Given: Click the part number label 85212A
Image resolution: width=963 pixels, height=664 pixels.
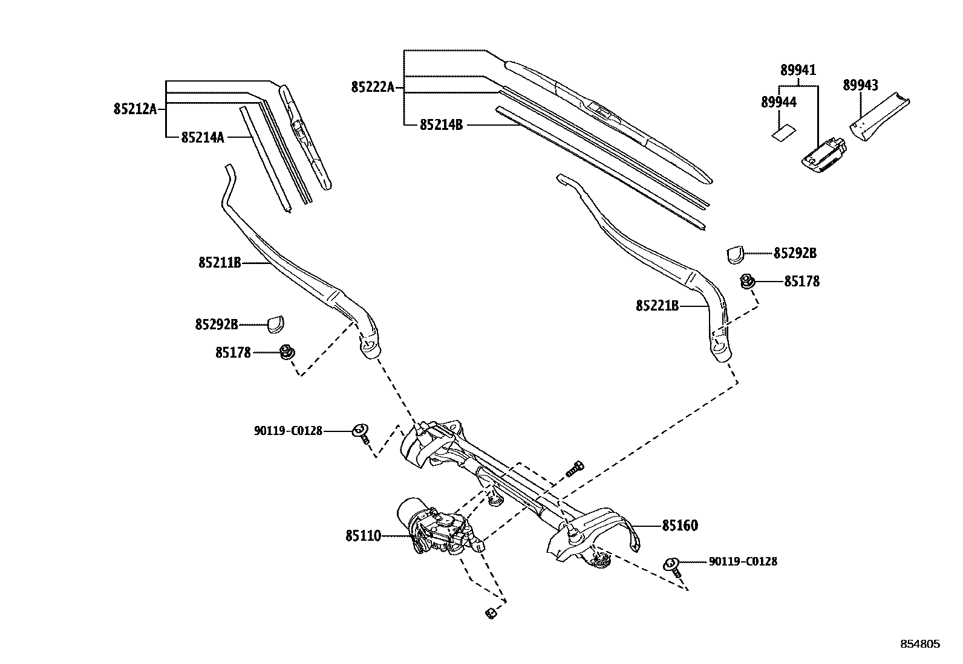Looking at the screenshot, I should pyautogui.click(x=134, y=109).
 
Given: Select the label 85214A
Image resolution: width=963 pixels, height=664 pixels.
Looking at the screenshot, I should pyautogui.click(x=203, y=138).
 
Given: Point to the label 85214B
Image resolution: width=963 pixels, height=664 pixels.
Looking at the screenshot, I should pyautogui.click(x=441, y=125).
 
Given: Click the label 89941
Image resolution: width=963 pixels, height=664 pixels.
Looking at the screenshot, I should pyautogui.click(x=798, y=71).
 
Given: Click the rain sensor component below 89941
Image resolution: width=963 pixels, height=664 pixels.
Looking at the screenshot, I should pyautogui.click(x=822, y=155).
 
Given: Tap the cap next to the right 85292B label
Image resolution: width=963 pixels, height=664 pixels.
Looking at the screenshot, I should pyautogui.click(x=734, y=255).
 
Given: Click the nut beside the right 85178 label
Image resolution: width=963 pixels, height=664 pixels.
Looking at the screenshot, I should pyautogui.click(x=748, y=281).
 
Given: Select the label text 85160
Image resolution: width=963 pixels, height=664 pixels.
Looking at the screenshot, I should pyautogui.click(x=679, y=526).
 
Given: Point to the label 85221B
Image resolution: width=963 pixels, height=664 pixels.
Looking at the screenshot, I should pyautogui.click(x=656, y=306).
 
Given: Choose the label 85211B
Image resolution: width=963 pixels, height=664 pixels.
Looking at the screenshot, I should pyautogui.click(x=219, y=263).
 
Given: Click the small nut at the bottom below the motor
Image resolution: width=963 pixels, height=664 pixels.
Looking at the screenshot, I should pyautogui.click(x=489, y=614).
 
